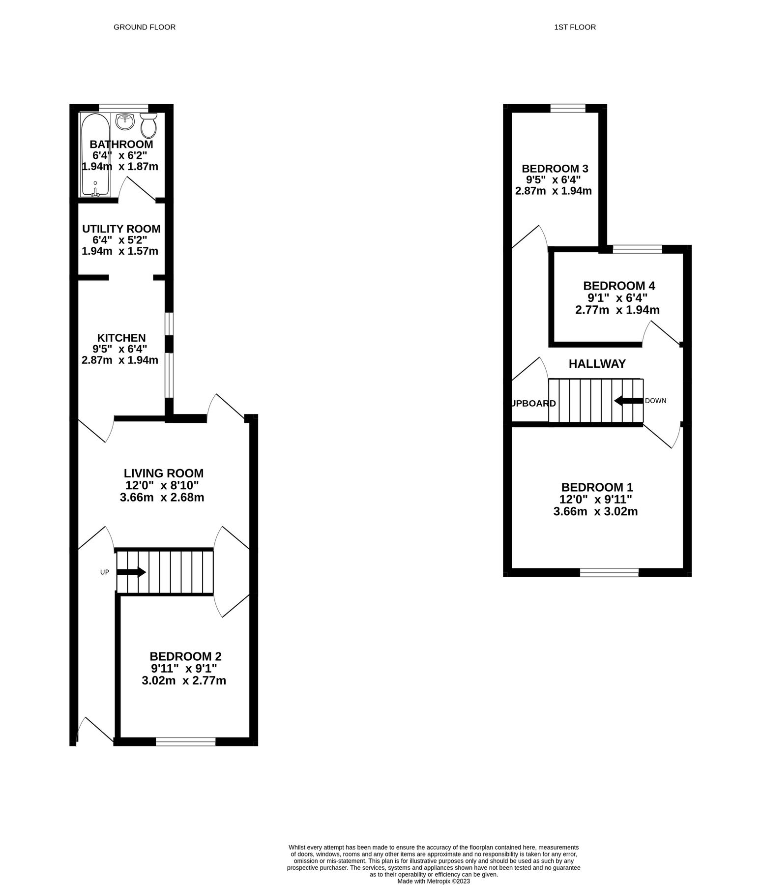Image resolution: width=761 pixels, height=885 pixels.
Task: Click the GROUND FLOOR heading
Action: coord(144,27)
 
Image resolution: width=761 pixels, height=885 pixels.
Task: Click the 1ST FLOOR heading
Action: coord(575,27)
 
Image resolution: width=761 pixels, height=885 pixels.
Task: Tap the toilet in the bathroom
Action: coord(148,126)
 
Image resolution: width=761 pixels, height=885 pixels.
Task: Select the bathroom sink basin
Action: coord(125,121)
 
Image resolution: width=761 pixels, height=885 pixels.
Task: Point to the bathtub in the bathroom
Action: coord(96,155)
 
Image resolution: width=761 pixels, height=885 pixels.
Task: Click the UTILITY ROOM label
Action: coord(121,229)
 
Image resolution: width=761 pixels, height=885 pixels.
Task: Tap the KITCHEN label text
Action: coord(121,338)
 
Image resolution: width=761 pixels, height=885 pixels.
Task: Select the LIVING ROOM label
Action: coord(163,473)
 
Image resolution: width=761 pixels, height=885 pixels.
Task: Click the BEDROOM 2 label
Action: coord(185,656)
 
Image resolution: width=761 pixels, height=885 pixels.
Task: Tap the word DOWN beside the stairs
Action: coord(655,401)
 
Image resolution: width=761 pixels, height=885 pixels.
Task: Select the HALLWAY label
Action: coord(597,364)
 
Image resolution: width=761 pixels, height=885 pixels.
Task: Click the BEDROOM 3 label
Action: coord(555,168)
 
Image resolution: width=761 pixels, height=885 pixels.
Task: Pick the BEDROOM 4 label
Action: coord(618,286)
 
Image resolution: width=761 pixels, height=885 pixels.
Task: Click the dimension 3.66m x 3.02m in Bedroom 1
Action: coord(595,511)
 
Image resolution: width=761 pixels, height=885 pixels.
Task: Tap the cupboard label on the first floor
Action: coord(534,404)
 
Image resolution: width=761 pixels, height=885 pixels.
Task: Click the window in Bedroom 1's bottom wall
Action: coord(609,572)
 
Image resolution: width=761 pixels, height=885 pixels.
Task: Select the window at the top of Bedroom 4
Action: coord(637,249)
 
